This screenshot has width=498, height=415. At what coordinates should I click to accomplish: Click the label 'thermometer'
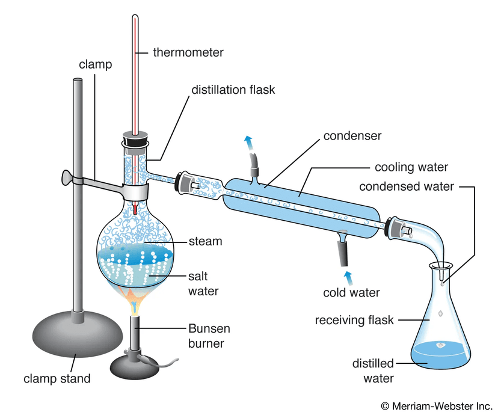[188, 52]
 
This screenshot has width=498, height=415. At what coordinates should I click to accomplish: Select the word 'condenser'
[352, 136]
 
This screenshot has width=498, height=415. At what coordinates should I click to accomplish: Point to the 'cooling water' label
[411, 167]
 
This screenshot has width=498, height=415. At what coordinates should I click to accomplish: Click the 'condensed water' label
[407, 186]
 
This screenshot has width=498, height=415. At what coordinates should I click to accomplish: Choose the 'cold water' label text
[351, 293]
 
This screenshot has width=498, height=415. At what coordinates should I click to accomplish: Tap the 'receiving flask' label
[354, 320]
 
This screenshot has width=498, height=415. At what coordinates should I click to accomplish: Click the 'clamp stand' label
[57, 378]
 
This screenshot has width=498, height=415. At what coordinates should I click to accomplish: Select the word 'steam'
[205, 241]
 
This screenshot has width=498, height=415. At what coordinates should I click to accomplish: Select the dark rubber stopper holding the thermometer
[137, 139]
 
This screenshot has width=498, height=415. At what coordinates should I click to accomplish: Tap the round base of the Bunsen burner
[138, 363]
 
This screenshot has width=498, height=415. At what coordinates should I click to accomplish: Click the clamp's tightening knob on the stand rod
[67, 177]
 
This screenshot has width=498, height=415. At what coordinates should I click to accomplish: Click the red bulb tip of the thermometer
[137, 210]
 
